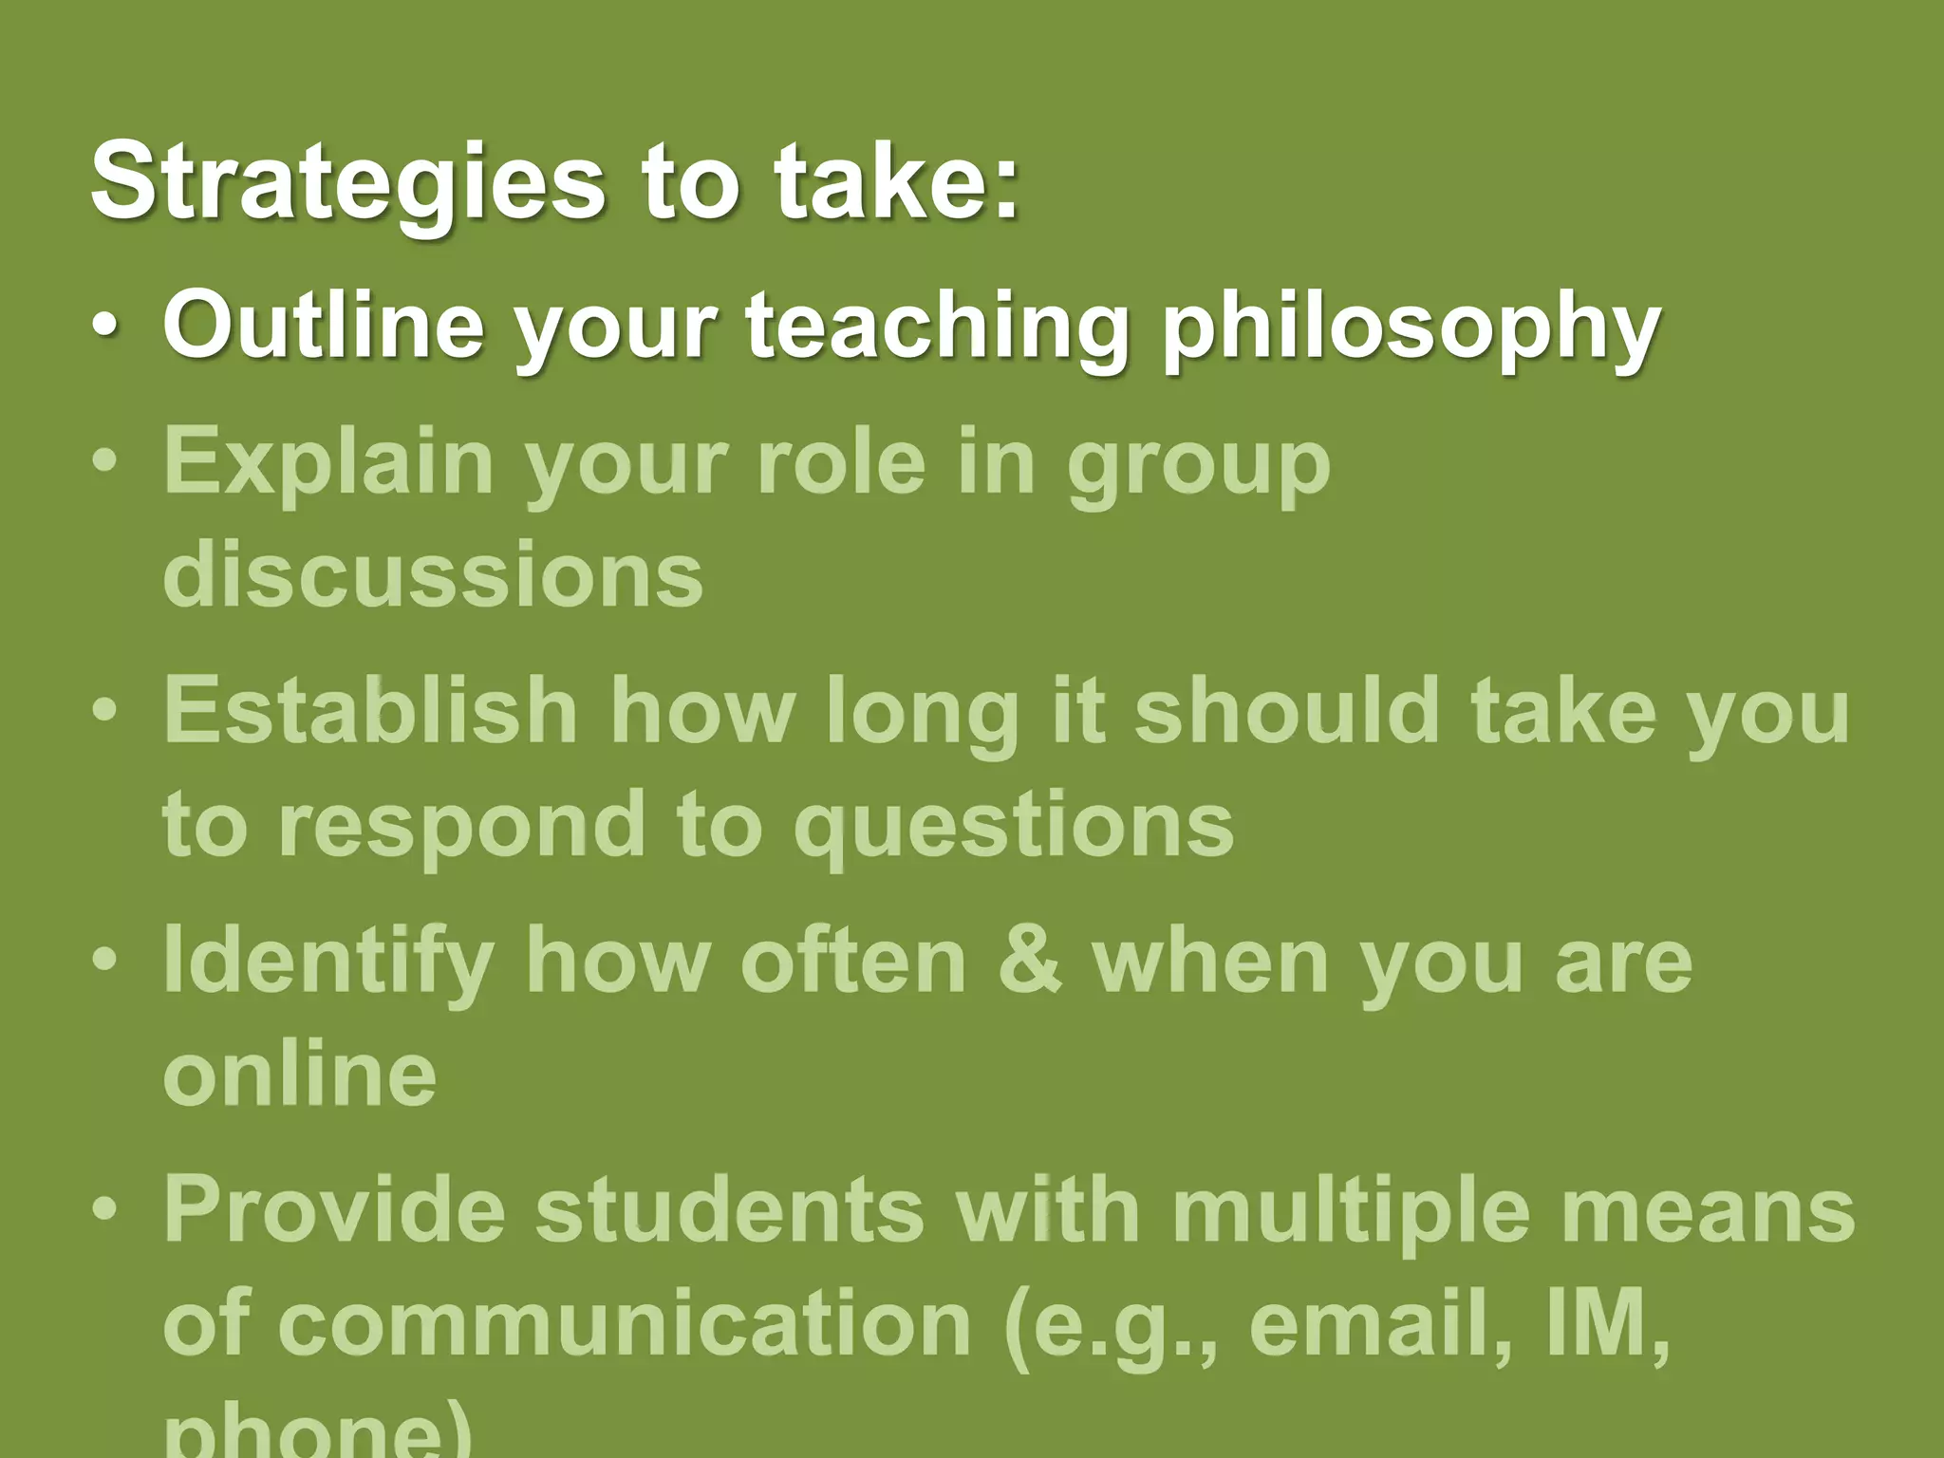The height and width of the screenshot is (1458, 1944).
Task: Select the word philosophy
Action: click(x=1411, y=327)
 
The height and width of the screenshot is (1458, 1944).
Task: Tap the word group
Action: click(x=1198, y=465)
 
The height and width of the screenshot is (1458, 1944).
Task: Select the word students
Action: click(x=729, y=1209)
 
